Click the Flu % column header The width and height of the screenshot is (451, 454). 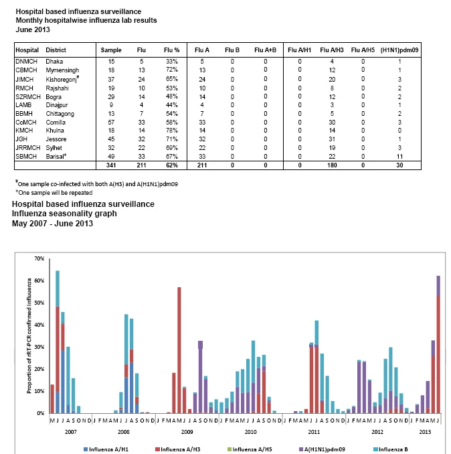click(x=171, y=50)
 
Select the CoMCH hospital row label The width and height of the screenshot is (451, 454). click(x=26, y=122)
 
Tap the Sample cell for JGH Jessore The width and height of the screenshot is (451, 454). click(x=111, y=139)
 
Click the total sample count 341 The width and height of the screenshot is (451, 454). click(x=111, y=165)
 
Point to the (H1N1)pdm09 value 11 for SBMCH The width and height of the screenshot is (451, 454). click(x=399, y=157)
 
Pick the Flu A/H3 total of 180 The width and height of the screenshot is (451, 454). click(x=332, y=165)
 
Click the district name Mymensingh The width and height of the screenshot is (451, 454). click(x=62, y=70)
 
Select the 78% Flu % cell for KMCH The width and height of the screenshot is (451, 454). click(x=171, y=131)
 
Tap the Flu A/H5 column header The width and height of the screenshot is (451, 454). click(x=363, y=50)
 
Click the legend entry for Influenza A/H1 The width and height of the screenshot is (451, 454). click(x=106, y=449)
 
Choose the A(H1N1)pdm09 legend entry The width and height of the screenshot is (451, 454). click(x=322, y=449)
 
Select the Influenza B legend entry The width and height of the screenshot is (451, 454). click(x=391, y=449)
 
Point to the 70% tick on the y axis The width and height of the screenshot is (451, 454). click(x=39, y=258)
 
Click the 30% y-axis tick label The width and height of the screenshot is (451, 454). click(x=39, y=347)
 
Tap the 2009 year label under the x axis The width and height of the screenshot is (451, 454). click(x=187, y=432)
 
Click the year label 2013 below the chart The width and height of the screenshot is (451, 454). click(x=425, y=432)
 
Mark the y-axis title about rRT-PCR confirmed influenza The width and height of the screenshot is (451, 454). click(x=29, y=336)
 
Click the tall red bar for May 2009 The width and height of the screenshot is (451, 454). click(x=179, y=350)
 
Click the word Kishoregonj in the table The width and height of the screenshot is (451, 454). click(x=62, y=80)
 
